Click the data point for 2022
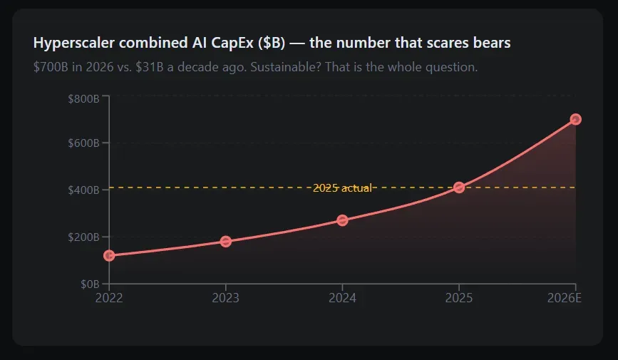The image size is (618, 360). coord(109,255)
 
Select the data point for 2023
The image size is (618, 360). coord(226,242)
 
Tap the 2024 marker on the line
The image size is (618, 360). coord(342,220)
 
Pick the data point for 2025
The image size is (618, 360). coord(459,187)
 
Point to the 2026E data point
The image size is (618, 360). coord(575,119)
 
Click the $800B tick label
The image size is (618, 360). coord(83,97)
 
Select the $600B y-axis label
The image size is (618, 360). coord(83,143)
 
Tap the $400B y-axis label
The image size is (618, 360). coord(83,190)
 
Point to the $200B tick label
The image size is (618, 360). coord(83,237)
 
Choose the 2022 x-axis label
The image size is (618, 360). coord(109,297)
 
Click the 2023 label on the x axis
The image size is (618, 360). coord(226,297)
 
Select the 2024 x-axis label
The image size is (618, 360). coord(342,297)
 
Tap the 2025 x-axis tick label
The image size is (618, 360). coord(459,297)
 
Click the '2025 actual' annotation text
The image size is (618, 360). coord(342,188)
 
